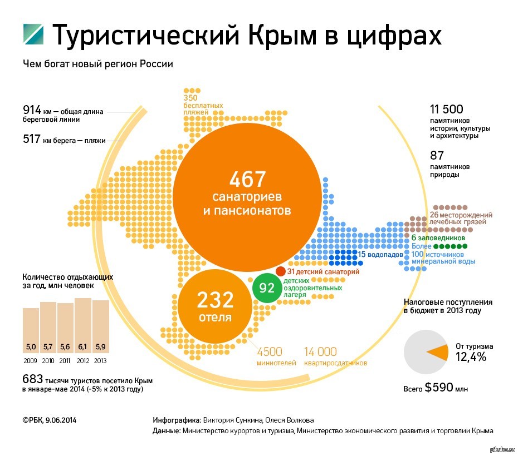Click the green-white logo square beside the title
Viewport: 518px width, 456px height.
click(33, 35)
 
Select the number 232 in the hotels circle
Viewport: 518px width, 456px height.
click(215, 301)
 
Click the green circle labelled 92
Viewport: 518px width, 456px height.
click(267, 288)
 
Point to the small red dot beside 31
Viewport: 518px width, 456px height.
click(281, 271)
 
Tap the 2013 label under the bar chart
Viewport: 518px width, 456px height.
click(100, 360)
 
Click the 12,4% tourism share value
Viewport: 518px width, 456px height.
click(471, 357)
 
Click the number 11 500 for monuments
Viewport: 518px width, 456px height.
click(447, 110)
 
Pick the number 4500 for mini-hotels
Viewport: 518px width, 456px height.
click(269, 351)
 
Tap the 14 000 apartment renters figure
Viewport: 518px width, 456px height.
click(320, 351)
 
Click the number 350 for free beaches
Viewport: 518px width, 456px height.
click(190, 98)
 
